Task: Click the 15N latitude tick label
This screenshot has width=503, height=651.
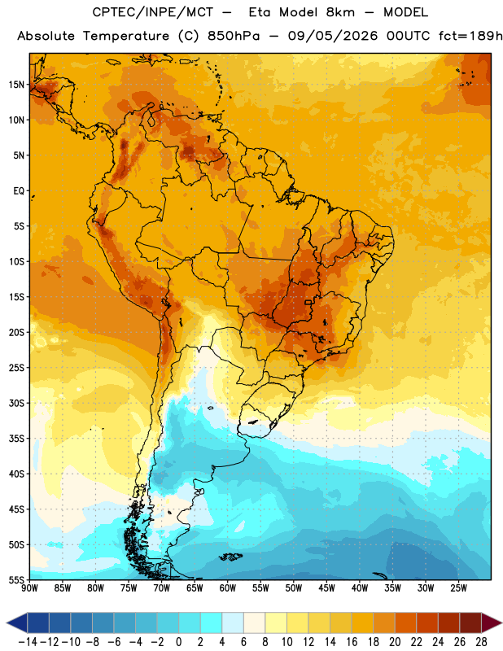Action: pyautogui.click(x=16, y=85)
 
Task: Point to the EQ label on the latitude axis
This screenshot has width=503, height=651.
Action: pyautogui.click(x=19, y=191)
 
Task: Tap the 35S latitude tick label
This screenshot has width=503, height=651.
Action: pyautogui.click(x=16, y=439)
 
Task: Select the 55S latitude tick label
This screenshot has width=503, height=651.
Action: pyautogui.click(x=16, y=579)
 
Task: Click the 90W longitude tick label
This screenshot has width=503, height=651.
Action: pyautogui.click(x=29, y=588)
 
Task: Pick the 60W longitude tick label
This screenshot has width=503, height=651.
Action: pyautogui.click(x=228, y=588)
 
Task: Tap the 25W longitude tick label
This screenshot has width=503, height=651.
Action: pyautogui.click(x=458, y=588)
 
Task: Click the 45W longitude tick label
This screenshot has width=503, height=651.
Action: pyautogui.click(x=326, y=588)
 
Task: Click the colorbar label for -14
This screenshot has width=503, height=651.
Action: pyautogui.click(x=28, y=642)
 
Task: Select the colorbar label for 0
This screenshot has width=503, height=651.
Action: pyautogui.click(x=178, y=642)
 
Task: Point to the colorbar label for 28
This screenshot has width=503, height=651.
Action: pyautogui.click(x=481, y=642)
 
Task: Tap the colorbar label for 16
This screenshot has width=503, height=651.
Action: pyautogui.click(x=352, y=642)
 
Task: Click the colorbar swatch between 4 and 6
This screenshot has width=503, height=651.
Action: pyautogui.click(x=233, y=623)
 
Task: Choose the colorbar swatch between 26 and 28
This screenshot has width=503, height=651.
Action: pyautogui.click(x=470, y=623)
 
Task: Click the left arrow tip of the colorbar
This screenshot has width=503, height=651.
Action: pyautogui.click(x=7, y=623)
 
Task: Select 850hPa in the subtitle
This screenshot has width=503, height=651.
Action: pyautogui.click(x=234, y=36)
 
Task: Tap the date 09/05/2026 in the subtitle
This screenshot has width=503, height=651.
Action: pyautogui.click(x=333, y=36)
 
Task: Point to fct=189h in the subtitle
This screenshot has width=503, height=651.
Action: pyautogui.click(x=470, y=36)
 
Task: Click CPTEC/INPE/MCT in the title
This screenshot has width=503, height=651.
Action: pyautogui.click(x=153, y=12)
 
